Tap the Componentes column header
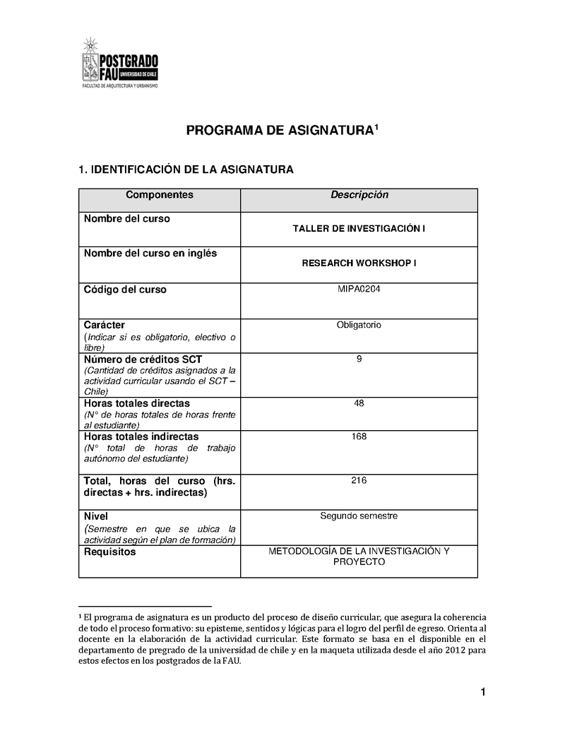159,195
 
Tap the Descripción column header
359,195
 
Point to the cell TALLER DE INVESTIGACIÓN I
359,229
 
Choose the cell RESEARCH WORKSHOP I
359,263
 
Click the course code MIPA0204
359,289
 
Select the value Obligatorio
359,325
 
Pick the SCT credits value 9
359,359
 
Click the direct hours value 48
359,403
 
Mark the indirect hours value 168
359,436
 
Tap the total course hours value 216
359,480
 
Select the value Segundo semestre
359,516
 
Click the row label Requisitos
109,552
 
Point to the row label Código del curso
125,290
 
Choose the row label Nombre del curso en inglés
150,253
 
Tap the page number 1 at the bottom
483,692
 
